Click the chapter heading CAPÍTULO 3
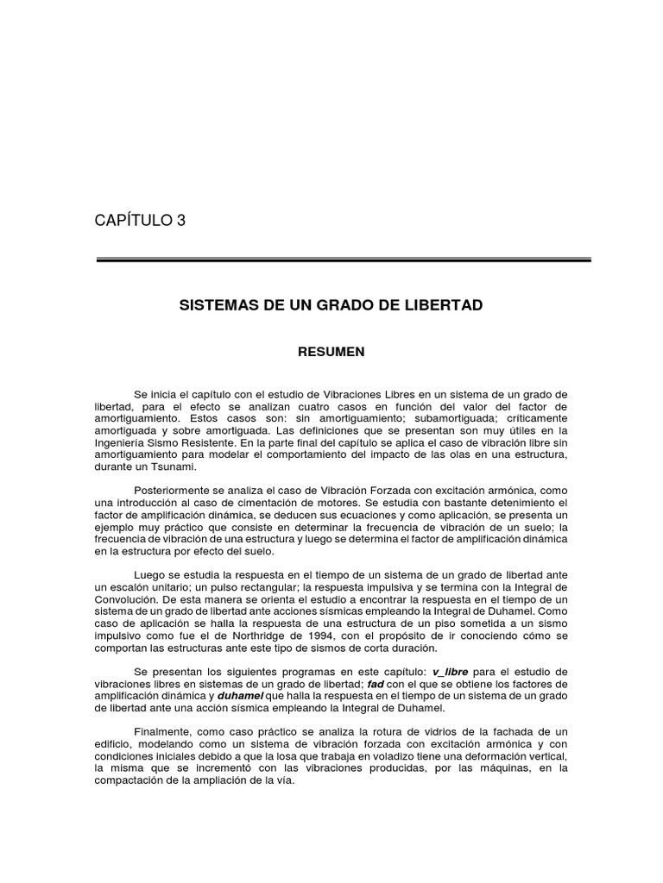point(140,221)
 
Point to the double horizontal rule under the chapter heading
point(343,260)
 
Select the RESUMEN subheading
point(331,352)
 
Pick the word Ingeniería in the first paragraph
point(122,442)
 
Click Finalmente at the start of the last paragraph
point(161,732)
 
